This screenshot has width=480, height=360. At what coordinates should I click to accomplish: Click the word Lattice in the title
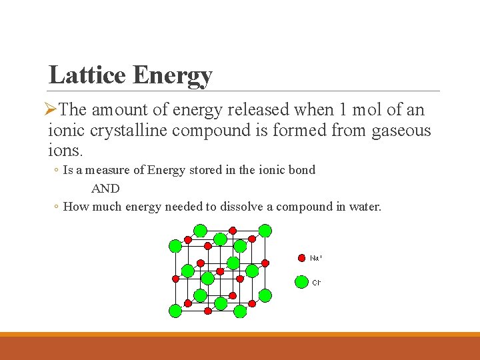click(x=87, y=75)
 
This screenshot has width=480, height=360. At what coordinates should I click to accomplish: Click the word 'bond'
click(x=301, y=170)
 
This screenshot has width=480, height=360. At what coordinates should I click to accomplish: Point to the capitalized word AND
click(x=105, y=189)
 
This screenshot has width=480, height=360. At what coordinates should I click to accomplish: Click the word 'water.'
click(x=364, y=207)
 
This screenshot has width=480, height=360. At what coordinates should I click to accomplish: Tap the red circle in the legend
click(x=301, y=257)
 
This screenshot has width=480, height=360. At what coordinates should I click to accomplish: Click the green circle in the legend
click(x=301, y=282)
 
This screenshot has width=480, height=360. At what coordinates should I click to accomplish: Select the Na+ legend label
click(x=316, y=258)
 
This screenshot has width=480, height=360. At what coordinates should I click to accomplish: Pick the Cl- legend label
click(x=316, y=283)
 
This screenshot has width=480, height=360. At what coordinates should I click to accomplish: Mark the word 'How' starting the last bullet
click(x=76, y=207)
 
